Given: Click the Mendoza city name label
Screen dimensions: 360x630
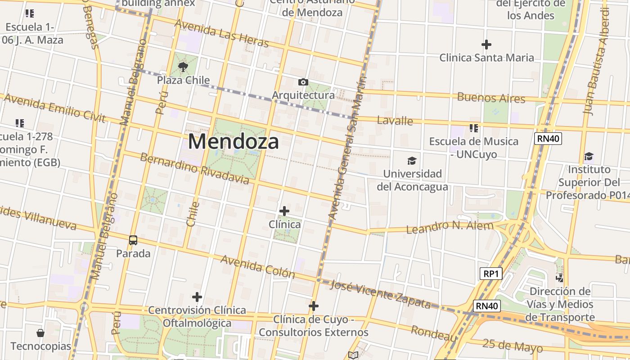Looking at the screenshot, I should [x=233, y=141].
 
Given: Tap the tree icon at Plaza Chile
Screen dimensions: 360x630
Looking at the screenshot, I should [x=183, y=67].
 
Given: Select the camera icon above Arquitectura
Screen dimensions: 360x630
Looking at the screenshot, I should [x=303, y=82].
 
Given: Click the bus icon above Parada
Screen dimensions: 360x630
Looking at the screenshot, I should [x=133, y=240].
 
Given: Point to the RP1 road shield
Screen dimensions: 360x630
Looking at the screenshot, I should [x=490, y=274].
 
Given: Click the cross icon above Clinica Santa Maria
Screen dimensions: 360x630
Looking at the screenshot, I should [x=486, y=45].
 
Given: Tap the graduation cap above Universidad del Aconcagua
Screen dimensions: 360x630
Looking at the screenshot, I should [x=412, y=161].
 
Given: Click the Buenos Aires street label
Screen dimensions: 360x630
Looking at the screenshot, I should [x=491, y=98].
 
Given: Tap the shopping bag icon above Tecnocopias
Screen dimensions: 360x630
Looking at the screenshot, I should [x=40, y=333].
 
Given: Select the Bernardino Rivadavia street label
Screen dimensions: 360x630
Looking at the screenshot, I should [x=194, y=169].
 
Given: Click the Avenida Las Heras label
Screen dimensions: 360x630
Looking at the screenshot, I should [x=221, y=33].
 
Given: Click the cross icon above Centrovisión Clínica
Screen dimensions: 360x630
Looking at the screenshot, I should [x=197, y=297].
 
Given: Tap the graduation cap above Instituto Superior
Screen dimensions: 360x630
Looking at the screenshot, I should [x=589, y=156].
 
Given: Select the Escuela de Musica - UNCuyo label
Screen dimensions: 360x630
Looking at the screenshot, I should [x=473, y=148].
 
